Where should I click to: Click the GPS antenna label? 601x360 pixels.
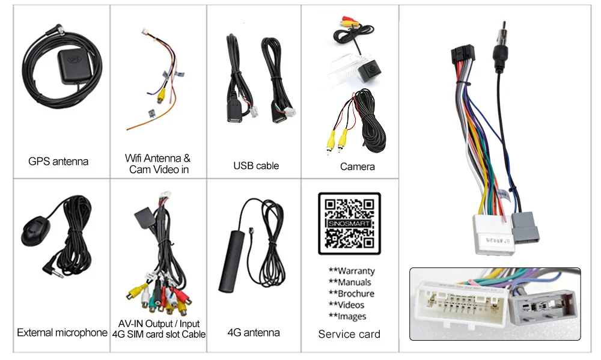(x=58, y=161)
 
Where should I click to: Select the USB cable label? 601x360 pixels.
(x=256, y=165)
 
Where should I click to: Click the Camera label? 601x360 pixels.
(x=357, y=166)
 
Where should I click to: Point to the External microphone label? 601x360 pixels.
(x=62, y=332)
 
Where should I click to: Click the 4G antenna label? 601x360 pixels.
(x=254, y=332)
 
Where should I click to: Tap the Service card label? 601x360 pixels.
(x=349, y=334)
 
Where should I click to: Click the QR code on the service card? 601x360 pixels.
(x=349, y=224)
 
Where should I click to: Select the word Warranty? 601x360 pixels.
(x=352, y=271)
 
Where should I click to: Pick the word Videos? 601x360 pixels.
(x=347, y=305)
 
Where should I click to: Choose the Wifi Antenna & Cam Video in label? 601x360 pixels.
(x=158, y=164)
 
